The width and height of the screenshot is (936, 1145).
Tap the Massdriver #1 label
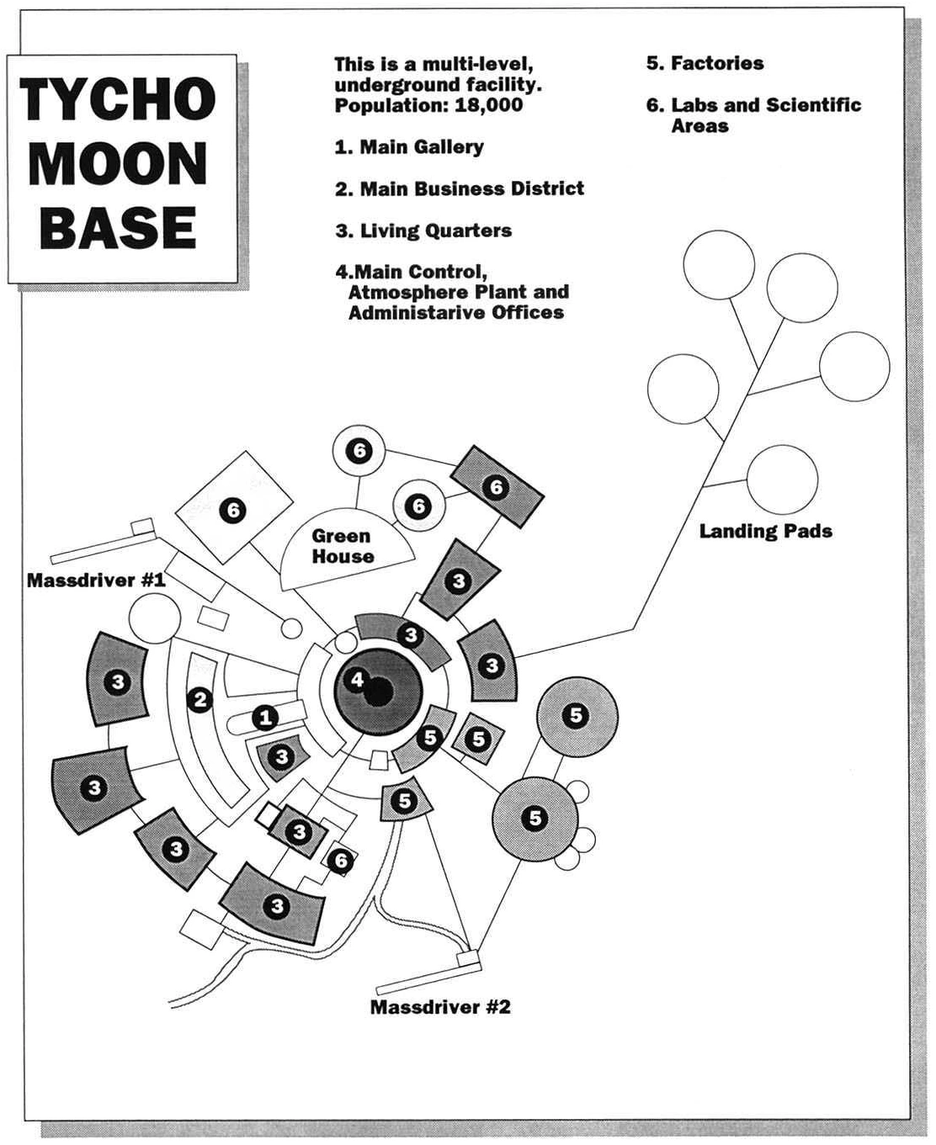pyautogui.click(x=96, y=580)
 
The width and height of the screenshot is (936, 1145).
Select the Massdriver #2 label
pyautogui.click(x=440, y=1007)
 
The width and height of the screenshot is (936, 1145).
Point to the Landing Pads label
pyautogui.click(x=765, y=531)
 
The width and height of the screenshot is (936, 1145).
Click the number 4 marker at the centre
pyautogui.click(x=357, y=679)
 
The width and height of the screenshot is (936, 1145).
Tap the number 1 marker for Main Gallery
pyautogui.click(x=266, y=718)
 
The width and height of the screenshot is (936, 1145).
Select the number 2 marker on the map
pyautogui.click(x=199, y=699)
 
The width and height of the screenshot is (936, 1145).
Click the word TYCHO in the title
pyautogui.click(x=118, y=98)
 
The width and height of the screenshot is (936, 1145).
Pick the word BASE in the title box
pyautogui.click(x=118, y=227)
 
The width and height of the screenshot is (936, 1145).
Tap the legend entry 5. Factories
pyautogui.click(x=705, y=63)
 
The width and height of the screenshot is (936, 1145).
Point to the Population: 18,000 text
pyautogui.click(x=428, y=105)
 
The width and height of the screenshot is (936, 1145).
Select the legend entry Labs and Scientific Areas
pyautogui.click(x=754, y=115)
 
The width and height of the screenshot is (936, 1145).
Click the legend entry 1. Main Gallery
pyautogui.click(x=409, y=147)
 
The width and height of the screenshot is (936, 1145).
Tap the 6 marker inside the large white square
pyautogui.click(x=233, y=509)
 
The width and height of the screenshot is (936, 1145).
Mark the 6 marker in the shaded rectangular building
pyautogui.click(x=496, y=486)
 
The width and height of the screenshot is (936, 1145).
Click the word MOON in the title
pyautogui.click(x=118, y=163)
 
